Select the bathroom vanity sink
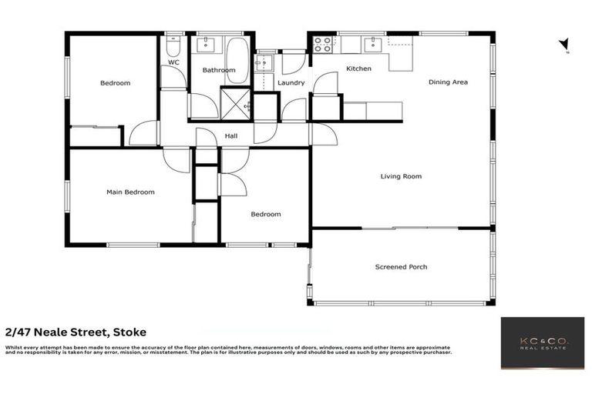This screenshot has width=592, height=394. tap(207, 43)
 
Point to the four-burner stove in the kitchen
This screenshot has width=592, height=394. tap(322, 44)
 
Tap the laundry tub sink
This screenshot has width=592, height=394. tap(265, 62)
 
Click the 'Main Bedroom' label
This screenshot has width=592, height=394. tap(130, 192)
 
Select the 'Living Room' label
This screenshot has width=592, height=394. tap(401, 176)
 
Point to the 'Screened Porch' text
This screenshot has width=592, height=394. tap(401, 267)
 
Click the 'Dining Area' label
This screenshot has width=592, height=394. tap(448, 82)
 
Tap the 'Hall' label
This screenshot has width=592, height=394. tap(231, 136)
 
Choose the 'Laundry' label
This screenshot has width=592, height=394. tap(290, 83)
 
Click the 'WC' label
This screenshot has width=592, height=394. tap(173, 62)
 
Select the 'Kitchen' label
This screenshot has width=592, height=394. tap(358, 68)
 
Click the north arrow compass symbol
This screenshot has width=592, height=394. tap(564, 45)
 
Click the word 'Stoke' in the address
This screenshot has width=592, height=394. tap(128, 332)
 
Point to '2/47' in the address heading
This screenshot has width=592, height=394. tap(19, 332)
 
